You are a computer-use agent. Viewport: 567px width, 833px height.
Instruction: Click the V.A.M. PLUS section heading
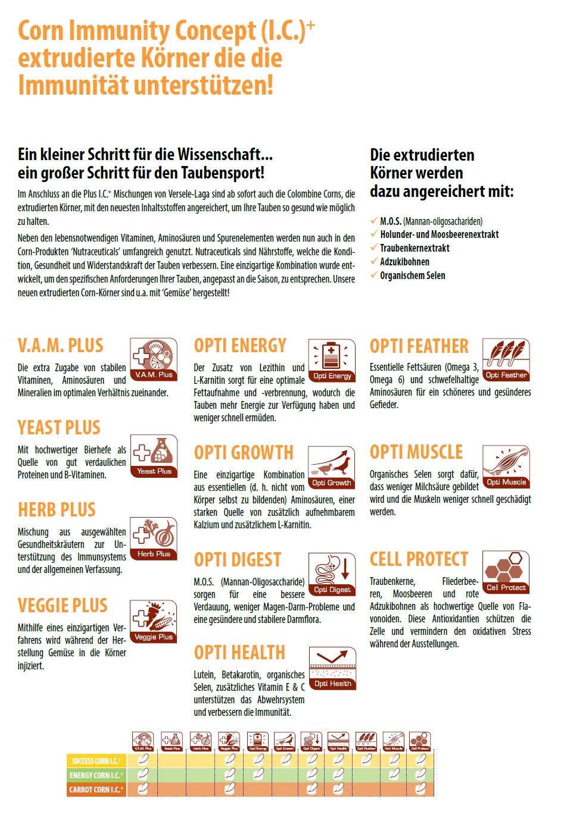pyautogui.click(x=60, y=346)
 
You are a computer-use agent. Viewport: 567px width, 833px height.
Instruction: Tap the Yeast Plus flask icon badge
pyautogui.click(x=154, y=456)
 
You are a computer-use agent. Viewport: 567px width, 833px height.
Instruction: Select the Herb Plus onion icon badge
pyautogui.click(x=154, y=538)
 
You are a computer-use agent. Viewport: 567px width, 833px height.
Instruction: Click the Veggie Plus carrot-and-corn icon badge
pyautogui.click(x=154, y=622)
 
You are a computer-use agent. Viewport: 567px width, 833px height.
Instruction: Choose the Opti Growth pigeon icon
pyautogui.click(x=332, y=467)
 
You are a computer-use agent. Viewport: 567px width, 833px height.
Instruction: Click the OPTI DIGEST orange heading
pyautogui.click(x=237, y=560)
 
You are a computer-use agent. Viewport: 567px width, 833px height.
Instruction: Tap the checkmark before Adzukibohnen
pyautogui.click(x=373, y=261)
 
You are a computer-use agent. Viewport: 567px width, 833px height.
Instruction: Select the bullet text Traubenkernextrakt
pyautogui.click(x=415, y=248)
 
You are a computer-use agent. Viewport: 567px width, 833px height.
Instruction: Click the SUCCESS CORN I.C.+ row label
pyautogui.click(x=96, y=761)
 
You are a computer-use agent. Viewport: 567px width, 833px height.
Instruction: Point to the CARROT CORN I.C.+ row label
pyautogui.click(x=96, y=790)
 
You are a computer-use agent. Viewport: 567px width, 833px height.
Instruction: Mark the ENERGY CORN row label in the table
pyautogui.click(x=96, y=775)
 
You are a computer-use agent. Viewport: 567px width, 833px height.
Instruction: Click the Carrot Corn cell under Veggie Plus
pyautogui.click(x=229, y=790)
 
